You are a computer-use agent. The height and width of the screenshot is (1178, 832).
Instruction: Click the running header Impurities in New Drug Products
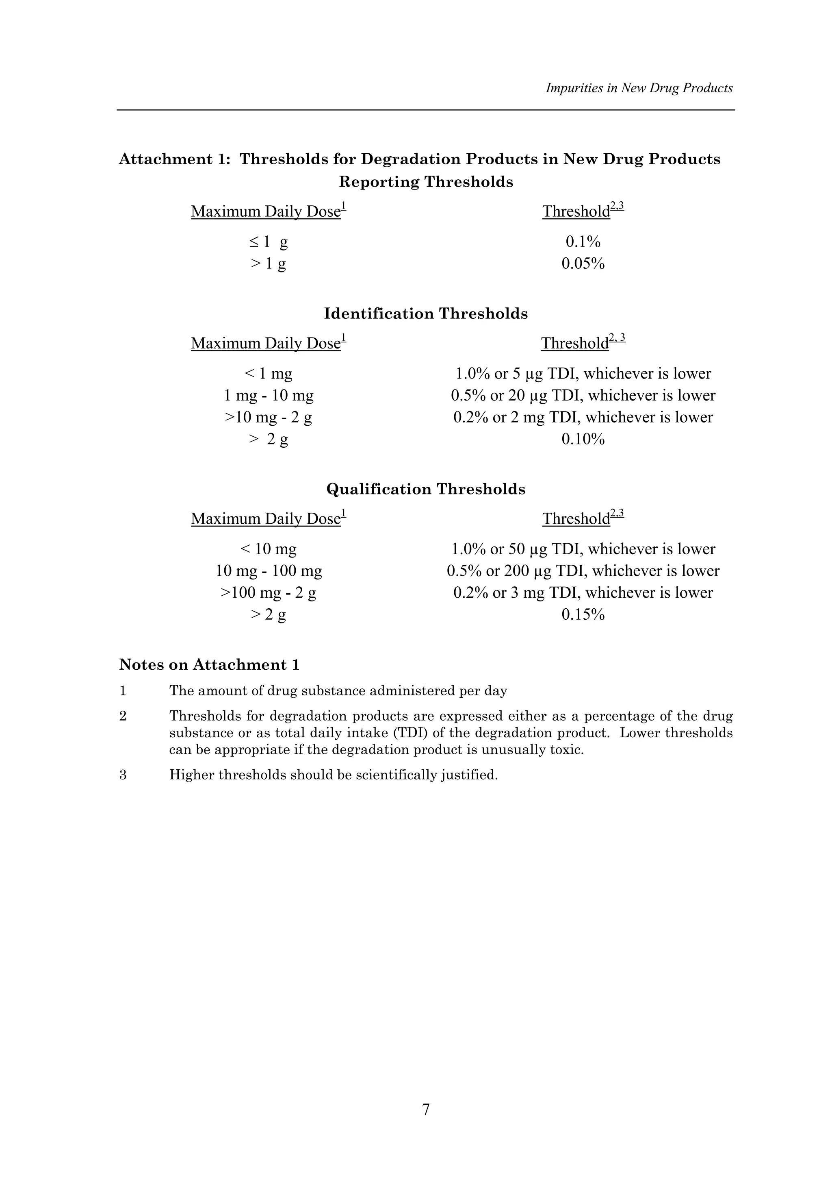pos(639,88)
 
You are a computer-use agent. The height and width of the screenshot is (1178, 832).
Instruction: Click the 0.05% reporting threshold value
pos(583,264)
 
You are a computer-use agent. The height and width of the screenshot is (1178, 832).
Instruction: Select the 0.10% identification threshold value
pos(583,439)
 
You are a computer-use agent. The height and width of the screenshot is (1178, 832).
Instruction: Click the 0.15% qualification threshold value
pos(583,615)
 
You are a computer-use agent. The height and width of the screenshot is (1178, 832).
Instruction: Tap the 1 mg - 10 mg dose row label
pos(269,396)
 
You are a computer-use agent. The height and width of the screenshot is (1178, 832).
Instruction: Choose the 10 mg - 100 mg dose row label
pos(269,571)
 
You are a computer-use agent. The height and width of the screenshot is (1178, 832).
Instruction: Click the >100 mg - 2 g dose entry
pos(269,593)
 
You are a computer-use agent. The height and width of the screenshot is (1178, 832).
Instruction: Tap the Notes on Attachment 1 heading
pos(209,665)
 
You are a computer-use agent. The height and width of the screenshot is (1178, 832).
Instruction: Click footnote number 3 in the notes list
pos(123,775)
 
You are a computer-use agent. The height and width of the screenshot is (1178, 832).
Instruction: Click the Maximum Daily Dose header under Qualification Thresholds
pos(266,519)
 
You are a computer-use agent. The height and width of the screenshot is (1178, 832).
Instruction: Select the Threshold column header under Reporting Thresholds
pos(577,212)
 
